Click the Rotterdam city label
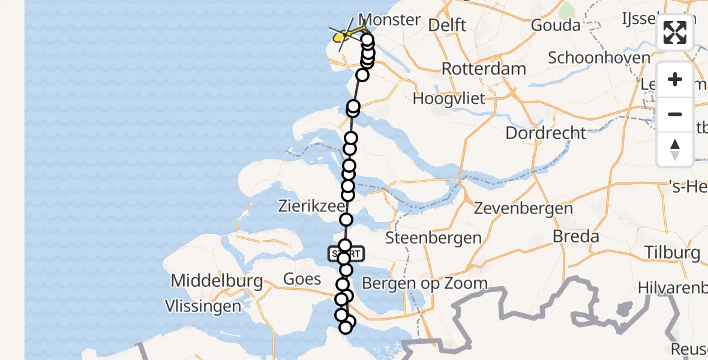[484, 68]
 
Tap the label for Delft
[447, 25]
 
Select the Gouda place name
[556, 25]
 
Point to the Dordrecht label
[545, 133]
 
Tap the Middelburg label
[217, 280]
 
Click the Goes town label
[302, 280]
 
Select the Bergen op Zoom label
[425, 283]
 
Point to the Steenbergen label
[433, 238]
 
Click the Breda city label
[576, 236]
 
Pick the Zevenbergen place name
[523, 209]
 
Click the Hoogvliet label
[449, 98]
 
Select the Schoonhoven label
[599, 58]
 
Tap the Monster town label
[389, 20]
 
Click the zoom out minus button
[675, 114]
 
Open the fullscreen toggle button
[675, 32]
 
